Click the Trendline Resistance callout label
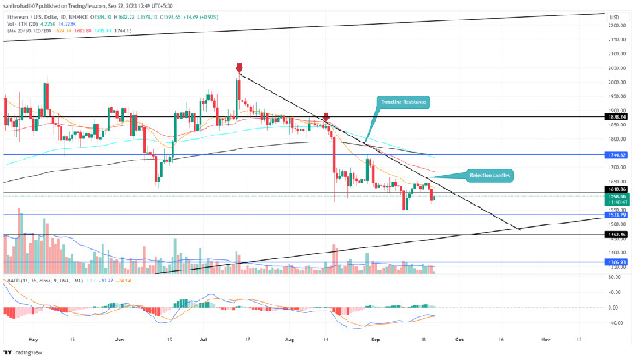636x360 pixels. coord(404,102)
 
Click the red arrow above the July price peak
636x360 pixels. coord(239,67)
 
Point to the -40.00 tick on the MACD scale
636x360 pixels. coord(611,323)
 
